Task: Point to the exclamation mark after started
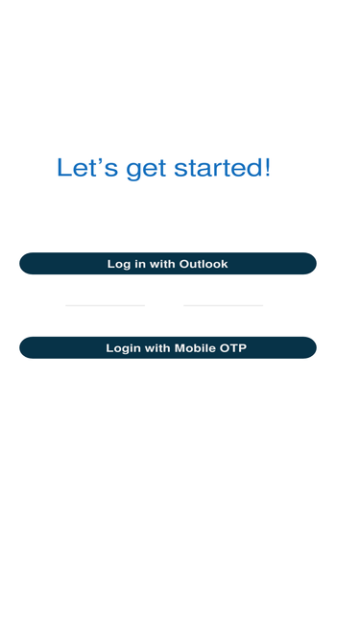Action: tap(267, 167)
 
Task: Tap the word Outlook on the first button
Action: tap(204, 264)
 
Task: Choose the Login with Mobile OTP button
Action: tap(168, 347)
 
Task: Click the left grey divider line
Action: tap(106, 305)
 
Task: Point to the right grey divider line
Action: tap(224, 305)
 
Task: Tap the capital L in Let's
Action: tap(63, 167)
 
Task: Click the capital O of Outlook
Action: tap(184, 264)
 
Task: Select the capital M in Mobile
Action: tap(180, 348)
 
